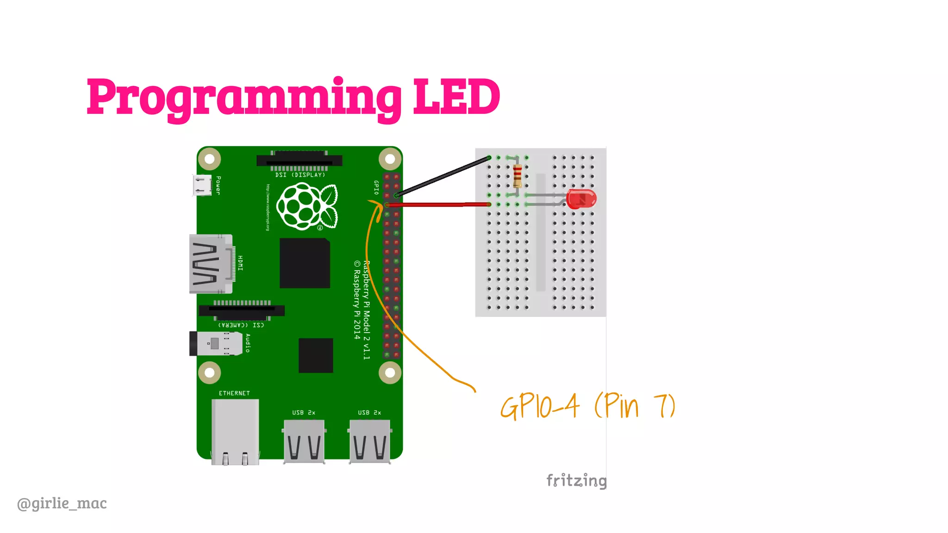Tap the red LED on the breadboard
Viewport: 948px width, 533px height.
[x=581, y=199]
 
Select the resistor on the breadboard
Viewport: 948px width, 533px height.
[x=518, y=175]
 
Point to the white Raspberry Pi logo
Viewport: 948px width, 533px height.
[x=307, y=206]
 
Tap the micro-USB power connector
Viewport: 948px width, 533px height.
[x=202, y=185]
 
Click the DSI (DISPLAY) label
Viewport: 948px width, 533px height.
[x=300, y=175]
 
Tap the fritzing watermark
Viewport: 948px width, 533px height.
[x=576, y=480]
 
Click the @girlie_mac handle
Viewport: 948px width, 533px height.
[x=62, y=503]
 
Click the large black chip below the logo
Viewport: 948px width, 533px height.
[x=305, y=263]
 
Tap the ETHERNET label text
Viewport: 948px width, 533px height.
[x=234, y=393]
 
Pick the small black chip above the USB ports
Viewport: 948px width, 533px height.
[x=316, y=355]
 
